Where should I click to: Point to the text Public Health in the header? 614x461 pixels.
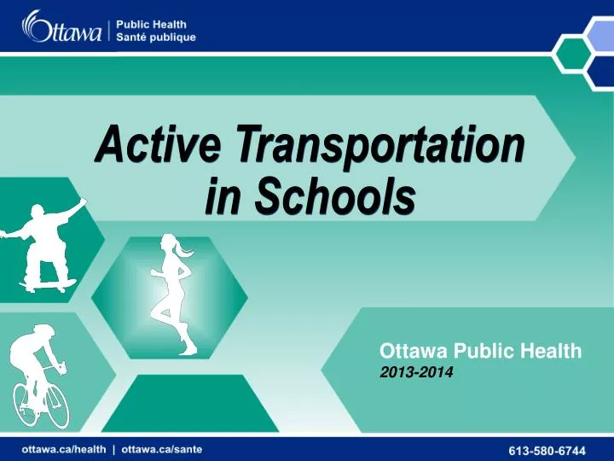pos(151,23)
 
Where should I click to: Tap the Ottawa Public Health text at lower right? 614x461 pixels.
pos(480,350)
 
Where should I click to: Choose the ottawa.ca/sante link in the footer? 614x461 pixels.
pos(162,447)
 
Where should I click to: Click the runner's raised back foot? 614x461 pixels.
pos(188,346)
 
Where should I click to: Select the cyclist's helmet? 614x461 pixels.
pos(43,331)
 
